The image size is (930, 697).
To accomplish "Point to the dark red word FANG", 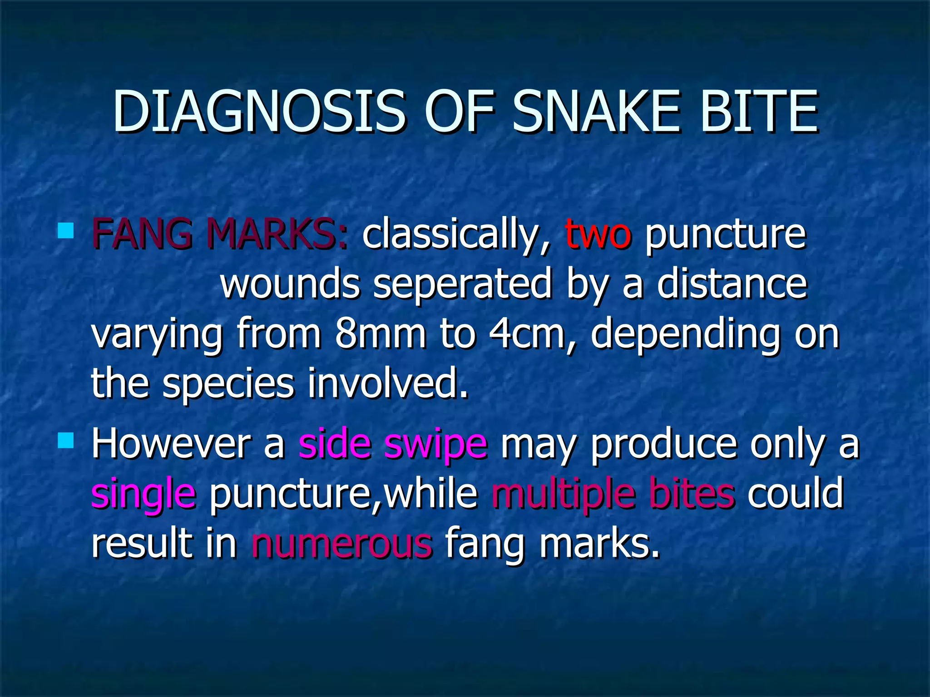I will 142,234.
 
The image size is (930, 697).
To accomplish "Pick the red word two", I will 598,235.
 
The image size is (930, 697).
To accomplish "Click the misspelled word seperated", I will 462,285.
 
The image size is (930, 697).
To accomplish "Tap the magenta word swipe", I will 435,445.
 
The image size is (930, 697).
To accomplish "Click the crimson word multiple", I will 562,494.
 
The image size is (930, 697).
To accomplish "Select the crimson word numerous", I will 342,543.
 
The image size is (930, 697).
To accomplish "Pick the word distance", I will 732,284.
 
